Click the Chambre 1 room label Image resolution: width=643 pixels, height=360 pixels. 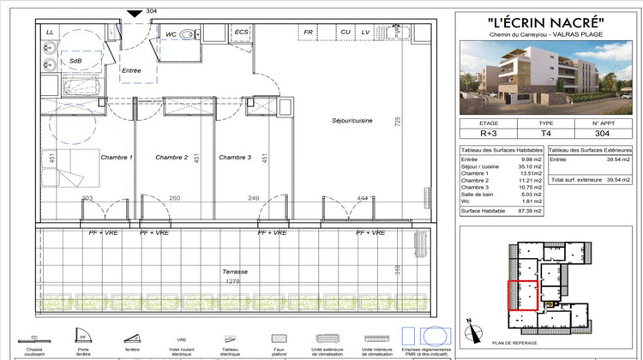tap(117, 158)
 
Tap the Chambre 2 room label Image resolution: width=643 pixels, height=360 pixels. tap(171, 158)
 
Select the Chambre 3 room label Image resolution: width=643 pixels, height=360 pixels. tap(234, 158)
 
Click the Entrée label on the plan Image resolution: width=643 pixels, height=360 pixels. tap(131, 71)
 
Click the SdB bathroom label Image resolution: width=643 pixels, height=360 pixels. tap(75, 62)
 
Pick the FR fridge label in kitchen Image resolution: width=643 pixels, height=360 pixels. tap(307, 33)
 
